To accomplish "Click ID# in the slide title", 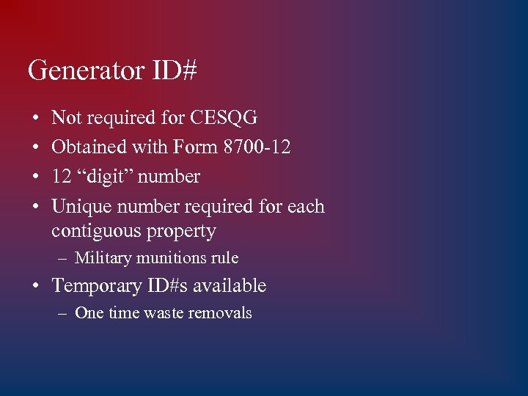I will click(175, 71).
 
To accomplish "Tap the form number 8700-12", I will click(257, 147).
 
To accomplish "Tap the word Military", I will click(103, 258).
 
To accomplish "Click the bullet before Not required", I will click(34, 118).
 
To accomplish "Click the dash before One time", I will click(64, 313).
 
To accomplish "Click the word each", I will click(306, 207).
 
